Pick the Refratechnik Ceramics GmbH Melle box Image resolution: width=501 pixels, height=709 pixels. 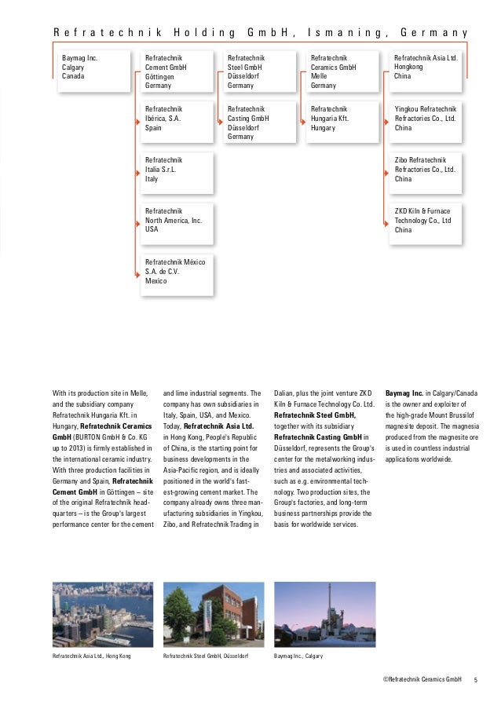point(344,72)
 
